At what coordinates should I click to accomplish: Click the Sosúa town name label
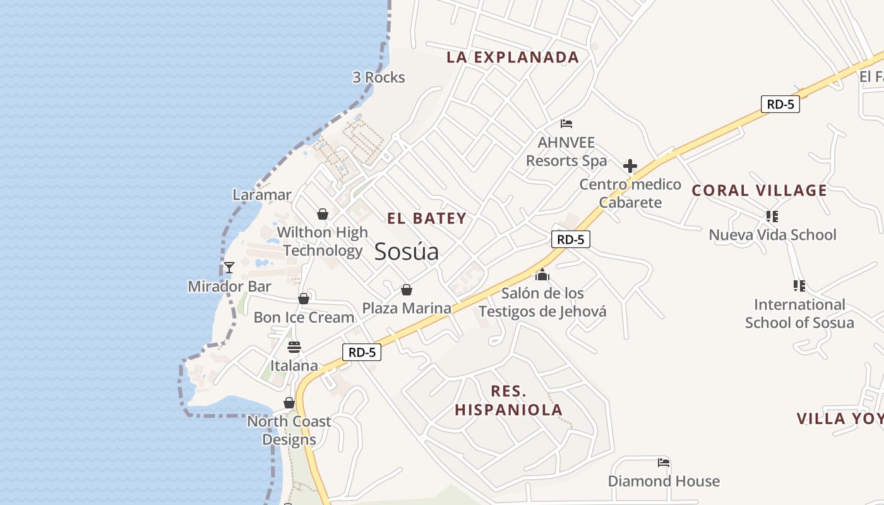(x=406, y=252)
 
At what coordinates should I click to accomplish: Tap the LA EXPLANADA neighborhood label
(x=513, y=57)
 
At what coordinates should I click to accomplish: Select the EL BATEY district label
(x=427, y=219)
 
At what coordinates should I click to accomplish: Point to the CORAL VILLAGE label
(x=759, y=191)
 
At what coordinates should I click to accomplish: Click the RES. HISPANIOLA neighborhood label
(x=508, y=400)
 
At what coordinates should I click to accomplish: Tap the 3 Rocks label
(x=379, y=78)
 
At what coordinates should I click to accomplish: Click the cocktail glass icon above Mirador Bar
(x=229, y=268)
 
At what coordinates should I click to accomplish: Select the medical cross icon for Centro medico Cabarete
(x=630, y=167)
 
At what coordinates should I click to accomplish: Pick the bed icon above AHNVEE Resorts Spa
(x=566, y=124)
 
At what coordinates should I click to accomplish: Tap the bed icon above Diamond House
(x=663, y=463)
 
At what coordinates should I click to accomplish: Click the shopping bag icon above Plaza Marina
(x=407, y=290)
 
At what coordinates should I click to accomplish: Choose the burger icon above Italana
(x=294, y=347)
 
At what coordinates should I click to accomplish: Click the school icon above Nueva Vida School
(x=772, y=217)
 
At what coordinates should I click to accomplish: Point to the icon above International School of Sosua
(x=799, y=286)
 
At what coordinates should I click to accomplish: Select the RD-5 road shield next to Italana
(x=362, y=352)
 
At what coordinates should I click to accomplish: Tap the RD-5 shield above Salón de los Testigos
(x=570, y=239)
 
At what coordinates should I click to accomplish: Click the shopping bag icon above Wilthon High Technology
(x=323, y=214)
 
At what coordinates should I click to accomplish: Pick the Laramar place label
(x=262, y=195)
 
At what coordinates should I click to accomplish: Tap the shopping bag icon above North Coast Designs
(x=289, y=403)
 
